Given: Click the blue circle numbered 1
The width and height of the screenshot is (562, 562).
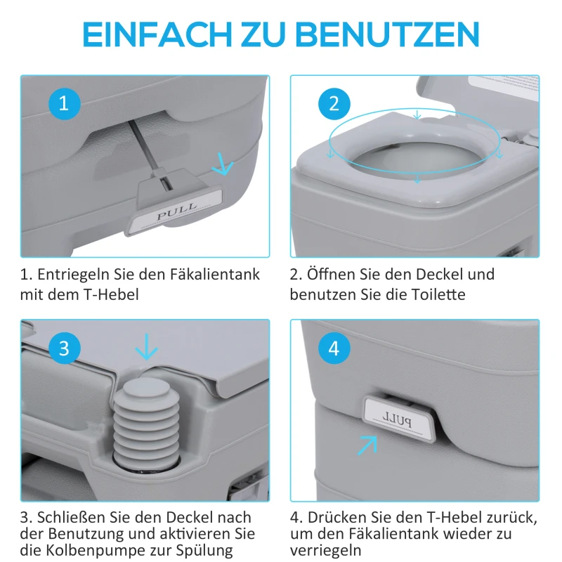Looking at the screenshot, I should pos(64,105).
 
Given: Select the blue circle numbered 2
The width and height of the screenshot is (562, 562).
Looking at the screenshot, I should pos(334,105).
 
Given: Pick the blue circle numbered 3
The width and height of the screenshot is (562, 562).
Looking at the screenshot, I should pos(64,348).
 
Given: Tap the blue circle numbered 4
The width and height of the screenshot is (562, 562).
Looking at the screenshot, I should pos(334,348).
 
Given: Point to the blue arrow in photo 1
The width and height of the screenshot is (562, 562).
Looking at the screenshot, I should pos(223,166).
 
